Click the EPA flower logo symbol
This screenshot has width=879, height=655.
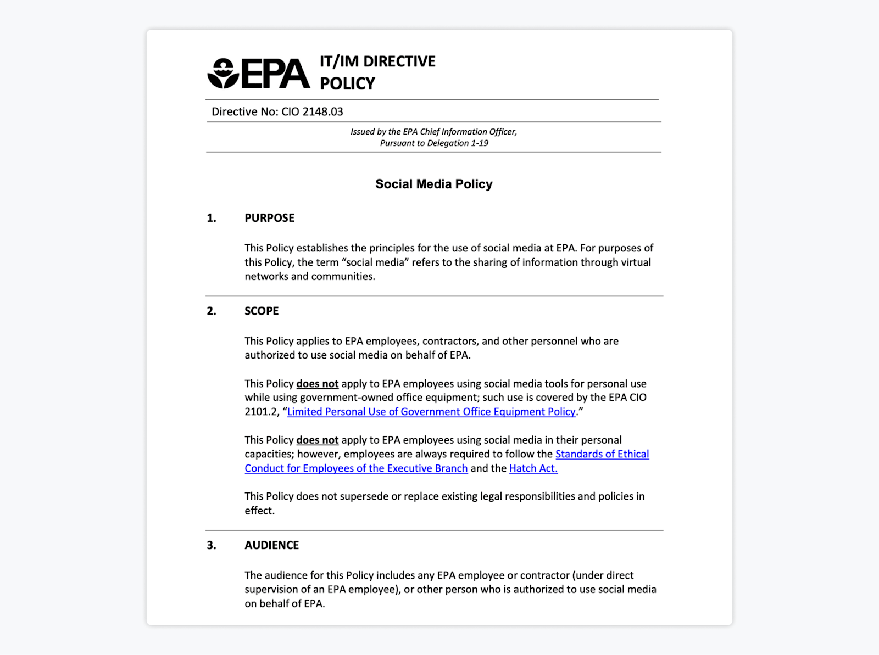tap(223, 74)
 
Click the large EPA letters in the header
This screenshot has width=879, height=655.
tap(276, 74)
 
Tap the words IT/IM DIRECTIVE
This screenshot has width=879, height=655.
tap(377, 61)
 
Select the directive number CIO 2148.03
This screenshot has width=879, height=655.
tap(312, 111)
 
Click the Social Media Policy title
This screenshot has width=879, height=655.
tap(433, 184)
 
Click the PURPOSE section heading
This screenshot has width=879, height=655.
tap(269, 218)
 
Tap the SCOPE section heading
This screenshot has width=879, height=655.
tap(262, 311)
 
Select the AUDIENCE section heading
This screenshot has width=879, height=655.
tap(271, 545)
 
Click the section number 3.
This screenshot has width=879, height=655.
tap(211, 545)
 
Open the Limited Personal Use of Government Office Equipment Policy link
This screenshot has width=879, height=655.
tap(431, 412)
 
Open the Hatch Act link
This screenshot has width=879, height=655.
tap(533, 468)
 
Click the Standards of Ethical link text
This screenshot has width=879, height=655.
tap(602, 454)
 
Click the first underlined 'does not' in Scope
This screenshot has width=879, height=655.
tap(317, 384)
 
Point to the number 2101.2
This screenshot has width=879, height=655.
tap(262, 412)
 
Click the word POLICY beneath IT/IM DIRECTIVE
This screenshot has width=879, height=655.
tap(347, 83)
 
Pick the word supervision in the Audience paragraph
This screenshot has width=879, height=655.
tap(272, 589)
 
